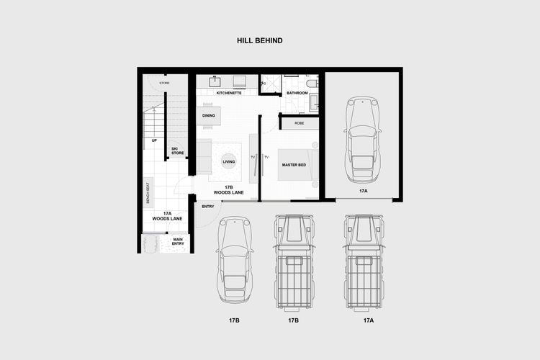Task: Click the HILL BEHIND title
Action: click(x=259, y=41)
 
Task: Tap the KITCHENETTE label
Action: click(x=229, y=93)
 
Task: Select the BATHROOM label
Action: click(x=297, y=93)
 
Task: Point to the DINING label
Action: click(x=208, y=115)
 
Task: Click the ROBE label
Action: click(x=300, y=123)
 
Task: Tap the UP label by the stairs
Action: click(x=154, y=140)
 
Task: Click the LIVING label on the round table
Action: click(x=229, y=162)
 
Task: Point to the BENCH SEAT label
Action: click(x=148, y=193)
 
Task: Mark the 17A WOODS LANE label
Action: click(x=167, y=215)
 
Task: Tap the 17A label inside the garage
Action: click(x=363, y=192)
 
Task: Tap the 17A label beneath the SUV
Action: click(x=368, y=319)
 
